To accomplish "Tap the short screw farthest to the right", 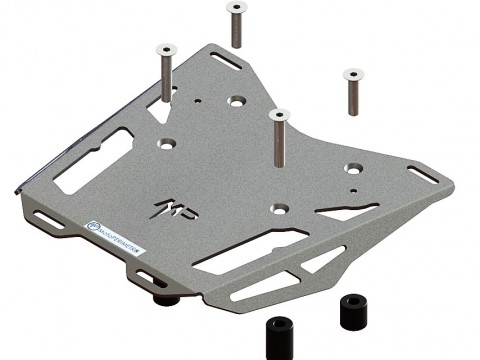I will [x=352, y=92].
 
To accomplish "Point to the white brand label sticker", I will [x=115, y=238].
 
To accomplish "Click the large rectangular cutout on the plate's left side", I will [x=93, y=161].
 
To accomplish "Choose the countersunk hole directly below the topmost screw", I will [x=237, y=102].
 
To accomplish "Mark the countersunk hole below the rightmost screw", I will [x=352, y=169].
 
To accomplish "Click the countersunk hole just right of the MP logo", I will [x=281, y=209].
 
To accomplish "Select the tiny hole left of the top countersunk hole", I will [x=202, y=100].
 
